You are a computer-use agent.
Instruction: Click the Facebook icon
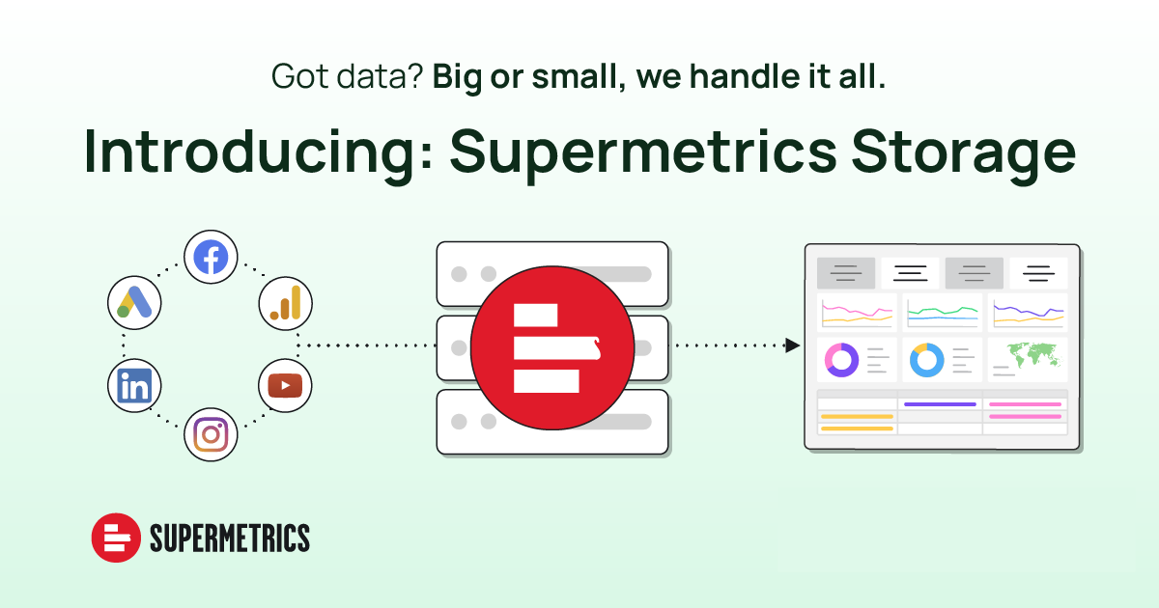tap(211, 257)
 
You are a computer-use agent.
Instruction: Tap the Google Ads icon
tap(134, 302)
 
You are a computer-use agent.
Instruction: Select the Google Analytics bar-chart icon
tap(285, 303)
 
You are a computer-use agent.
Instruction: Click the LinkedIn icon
tap(134, 386)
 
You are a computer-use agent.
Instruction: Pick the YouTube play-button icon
tap(285, 386)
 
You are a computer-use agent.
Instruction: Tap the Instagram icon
tap(211, 434)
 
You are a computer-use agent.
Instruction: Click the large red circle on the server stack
tap(552, 348)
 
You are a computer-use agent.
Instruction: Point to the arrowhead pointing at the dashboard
tap(793, 345)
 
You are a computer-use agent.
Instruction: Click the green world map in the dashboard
tap(1034, 355)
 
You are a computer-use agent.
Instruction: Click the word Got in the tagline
tap(300, 76)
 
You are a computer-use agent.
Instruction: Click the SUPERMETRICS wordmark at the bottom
tap(230, 538)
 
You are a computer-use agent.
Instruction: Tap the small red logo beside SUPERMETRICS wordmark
tap(116, 538)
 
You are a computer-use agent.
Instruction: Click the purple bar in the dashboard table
tap(940, 404)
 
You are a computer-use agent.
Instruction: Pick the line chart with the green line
tap(943, 313)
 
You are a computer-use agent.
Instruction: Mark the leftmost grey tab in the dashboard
tap(846, 273)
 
